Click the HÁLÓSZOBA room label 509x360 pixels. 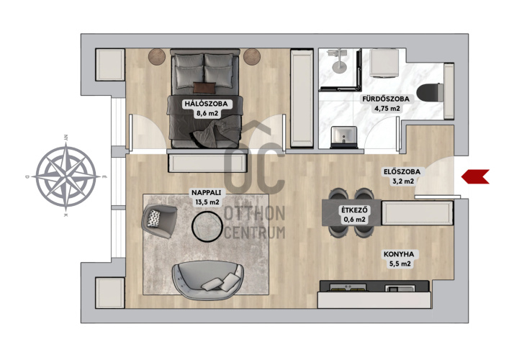coord(206,104)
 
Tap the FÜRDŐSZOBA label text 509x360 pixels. coord(386,99)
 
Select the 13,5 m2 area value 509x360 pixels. coord(207,202)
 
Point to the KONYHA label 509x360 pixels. coord(400,254)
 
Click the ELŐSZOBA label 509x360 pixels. coord(402,172)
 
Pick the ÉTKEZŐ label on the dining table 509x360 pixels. coord(354,210)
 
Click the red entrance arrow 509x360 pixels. coord(475,176)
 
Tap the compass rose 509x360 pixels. coord(66,176)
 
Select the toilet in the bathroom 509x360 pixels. coord(430,92)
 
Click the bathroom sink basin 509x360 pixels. coord(343,137)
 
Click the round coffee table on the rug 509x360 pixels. coord(207,226)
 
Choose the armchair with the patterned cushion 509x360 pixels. coord(159,221)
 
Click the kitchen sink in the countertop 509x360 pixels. coord(400,288)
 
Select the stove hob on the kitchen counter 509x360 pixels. coord(348,287)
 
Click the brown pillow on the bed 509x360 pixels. coord(204,88)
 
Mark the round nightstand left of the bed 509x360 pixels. coord(157,56)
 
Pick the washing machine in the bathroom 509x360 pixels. coord(384,63)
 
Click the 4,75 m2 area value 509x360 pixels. coord(387,109)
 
